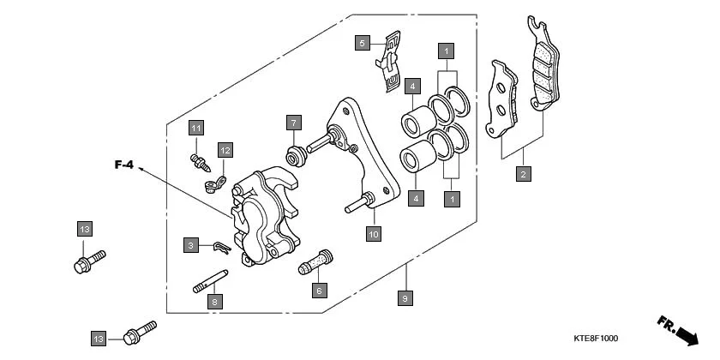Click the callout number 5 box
[x=363, y=43]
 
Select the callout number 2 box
[x=522, y=174]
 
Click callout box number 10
[x=373, y=233]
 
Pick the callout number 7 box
[x=292, y=122]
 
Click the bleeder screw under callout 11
[x=198, y=159]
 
